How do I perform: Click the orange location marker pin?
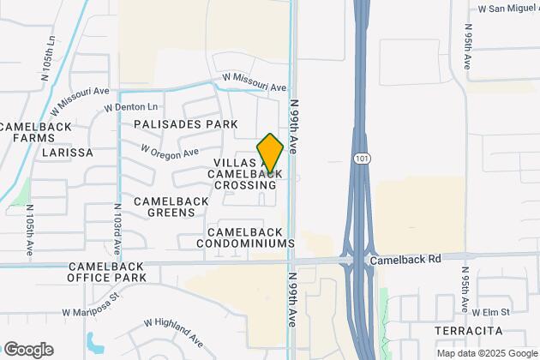(x=270, y=153)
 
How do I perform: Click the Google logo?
(x=28, y=350)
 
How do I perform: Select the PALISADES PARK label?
(x=185, y=124)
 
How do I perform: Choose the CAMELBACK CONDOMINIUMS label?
(x=250, y=237)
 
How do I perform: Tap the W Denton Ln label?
(x=131, y=108)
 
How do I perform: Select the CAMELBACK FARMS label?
(x=27, y=132)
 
